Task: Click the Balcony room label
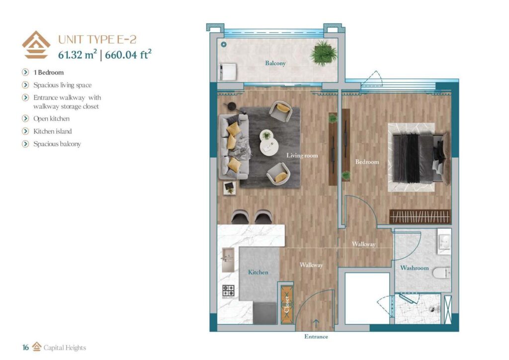tap(275, 64)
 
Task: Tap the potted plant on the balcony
tap(323, 53)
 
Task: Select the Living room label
tap(302, 156)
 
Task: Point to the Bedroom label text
tap(367, 162)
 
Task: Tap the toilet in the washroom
tap(440, 273)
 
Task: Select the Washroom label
tap(414, 268)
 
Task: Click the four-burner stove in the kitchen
tap(228, 290)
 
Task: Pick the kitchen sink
tap(228, 258)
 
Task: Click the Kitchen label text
tap(258, 272)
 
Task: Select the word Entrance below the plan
tap(316, 337)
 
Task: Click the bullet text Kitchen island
tap(52, 131)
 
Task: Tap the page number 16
tap(25, 348)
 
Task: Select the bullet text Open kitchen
tap(51, 119)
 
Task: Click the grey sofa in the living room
tap(233, 147)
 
